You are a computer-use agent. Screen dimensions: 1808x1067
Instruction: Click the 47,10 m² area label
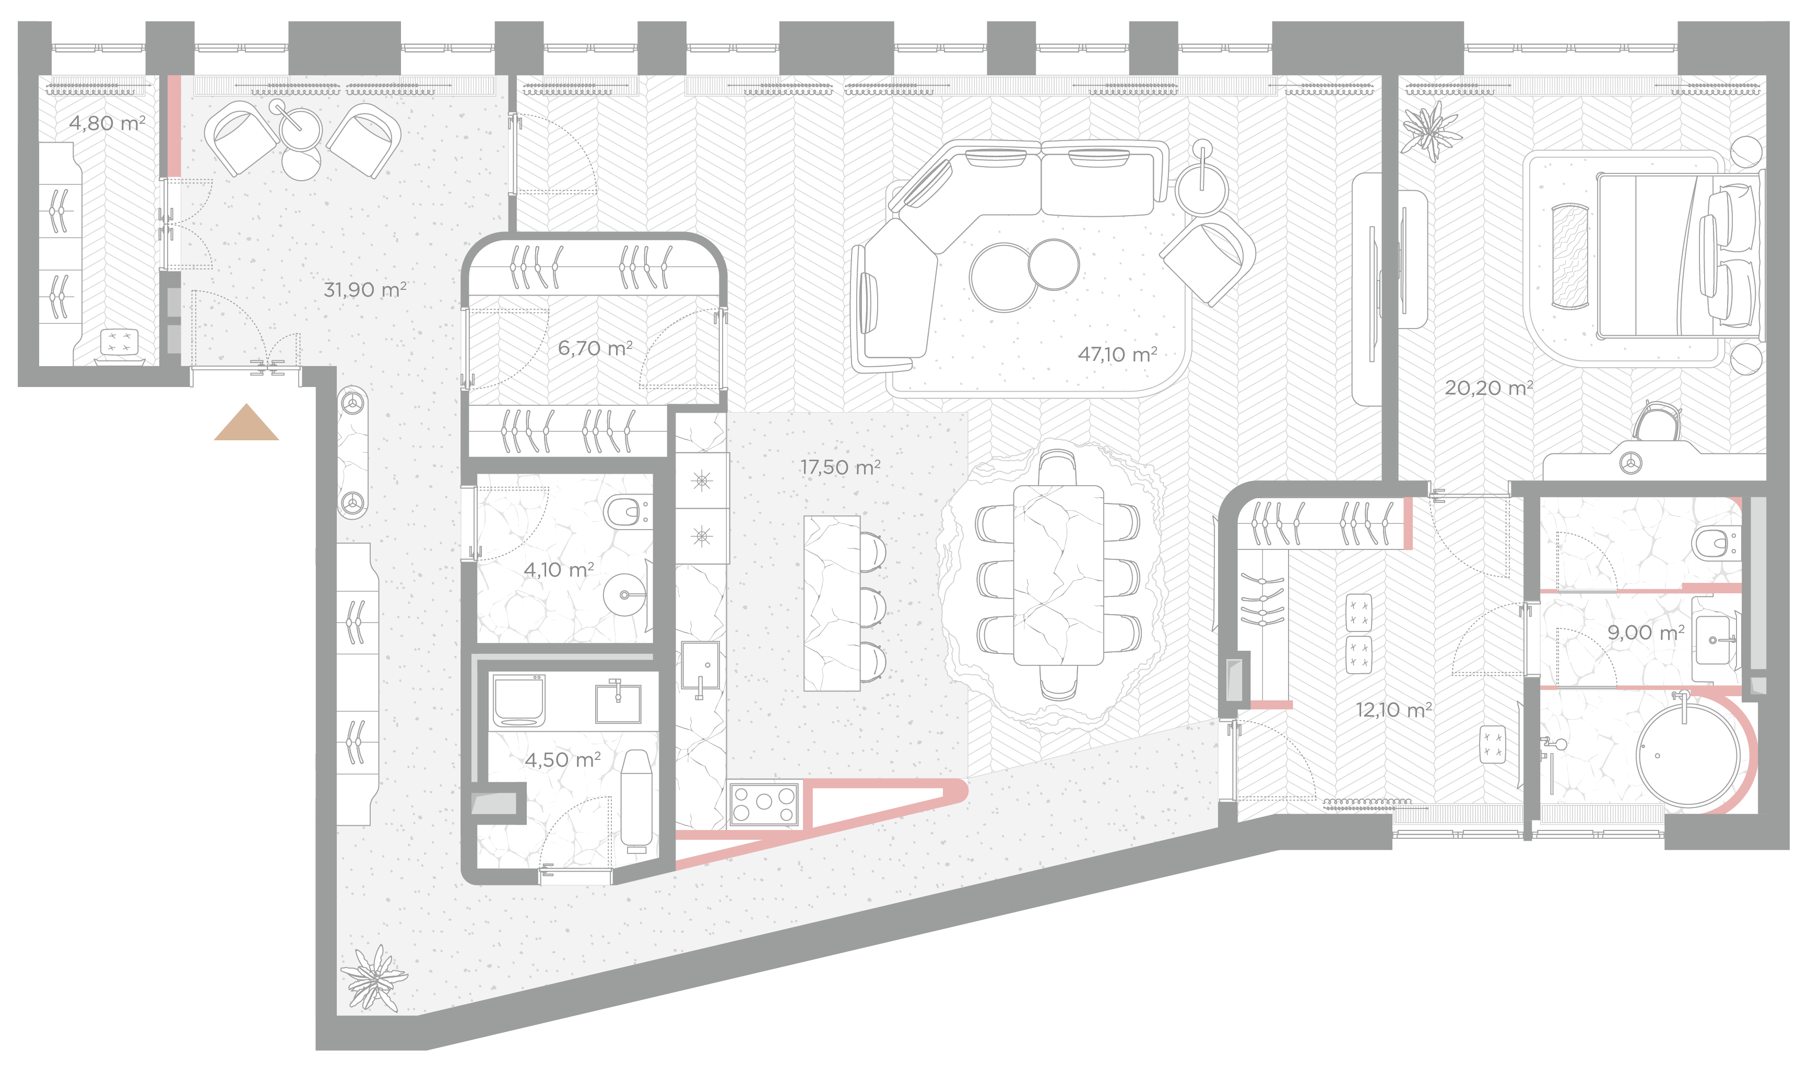coord(1117,354)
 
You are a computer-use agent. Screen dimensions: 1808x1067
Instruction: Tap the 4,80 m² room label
coord(107,123)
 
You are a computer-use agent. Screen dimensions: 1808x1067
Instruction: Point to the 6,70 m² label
coord(595,348)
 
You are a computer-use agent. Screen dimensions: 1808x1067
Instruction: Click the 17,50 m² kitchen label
coord(840,467)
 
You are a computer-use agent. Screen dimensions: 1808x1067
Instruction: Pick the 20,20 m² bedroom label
coord(1489,388)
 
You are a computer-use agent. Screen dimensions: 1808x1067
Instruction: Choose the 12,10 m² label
coord(1394,710)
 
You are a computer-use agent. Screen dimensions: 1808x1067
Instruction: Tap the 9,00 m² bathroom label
coord(1646,632)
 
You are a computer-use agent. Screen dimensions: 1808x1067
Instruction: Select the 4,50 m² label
coord(563,760)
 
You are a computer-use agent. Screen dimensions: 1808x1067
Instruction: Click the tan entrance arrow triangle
coord(246,423)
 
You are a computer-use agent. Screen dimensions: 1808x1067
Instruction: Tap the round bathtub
coord(1688,756)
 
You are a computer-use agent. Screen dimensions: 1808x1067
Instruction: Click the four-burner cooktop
coord(764,803)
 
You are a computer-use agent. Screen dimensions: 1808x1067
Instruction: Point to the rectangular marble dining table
coord(1058,575)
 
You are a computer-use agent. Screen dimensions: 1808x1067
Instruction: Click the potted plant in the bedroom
coord(1431,132)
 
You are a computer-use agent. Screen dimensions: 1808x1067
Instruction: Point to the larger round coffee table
coord(1004,277)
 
